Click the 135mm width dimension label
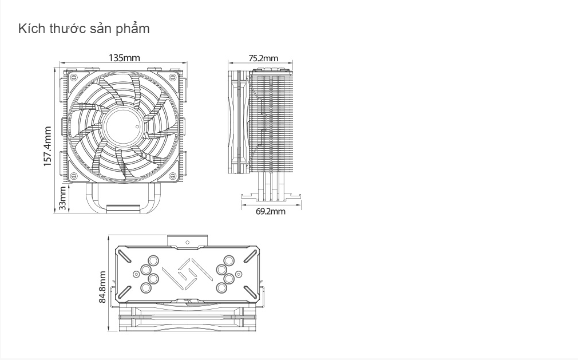click(124, 58)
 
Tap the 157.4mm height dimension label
click(47, 147)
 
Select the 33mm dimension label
click(63, 198)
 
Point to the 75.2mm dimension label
click(263, 58)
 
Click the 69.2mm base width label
click(271, 212)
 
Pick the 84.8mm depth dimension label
click(102, 287)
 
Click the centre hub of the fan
click(122, 126)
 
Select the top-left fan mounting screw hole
click(73, 77)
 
